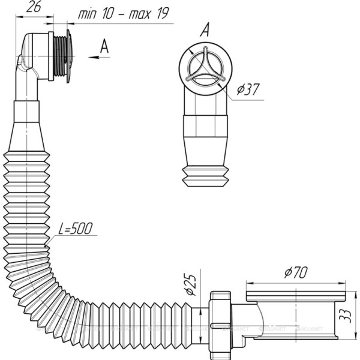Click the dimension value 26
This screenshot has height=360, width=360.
click(34, 8)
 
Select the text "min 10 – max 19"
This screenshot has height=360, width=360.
click(124, 14)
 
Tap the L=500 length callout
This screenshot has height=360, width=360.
click(75, 228)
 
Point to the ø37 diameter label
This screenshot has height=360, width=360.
click(248, 89)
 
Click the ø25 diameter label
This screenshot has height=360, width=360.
click(191, 284)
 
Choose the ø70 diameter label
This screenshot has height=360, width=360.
click(296, 272)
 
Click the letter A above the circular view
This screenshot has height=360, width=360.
click(205, 29)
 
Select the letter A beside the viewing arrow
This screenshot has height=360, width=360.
click(104, 46)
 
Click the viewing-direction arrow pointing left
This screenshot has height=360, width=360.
click(99, 57)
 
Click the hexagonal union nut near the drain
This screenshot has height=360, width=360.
click(220, 326)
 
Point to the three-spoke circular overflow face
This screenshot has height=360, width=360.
click(205, 68)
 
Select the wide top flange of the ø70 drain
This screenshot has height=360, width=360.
click(296, 296)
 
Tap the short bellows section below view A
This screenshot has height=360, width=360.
click(205, 176)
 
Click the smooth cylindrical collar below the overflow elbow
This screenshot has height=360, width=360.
click(26, 112)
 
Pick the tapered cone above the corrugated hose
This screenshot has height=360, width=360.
click(26, 137)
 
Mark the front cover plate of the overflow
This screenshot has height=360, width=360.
click(68, 56)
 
